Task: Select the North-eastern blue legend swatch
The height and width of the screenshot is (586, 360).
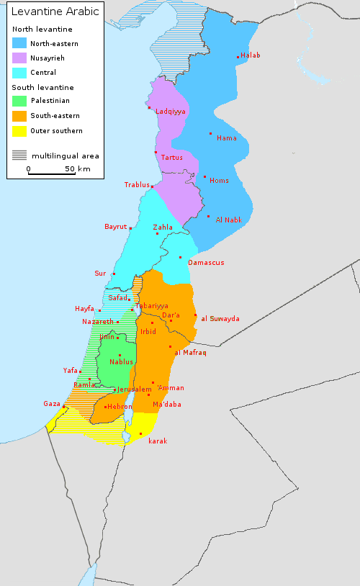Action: tap(19, 43)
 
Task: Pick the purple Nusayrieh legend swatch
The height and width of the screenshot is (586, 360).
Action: tap(19, 58)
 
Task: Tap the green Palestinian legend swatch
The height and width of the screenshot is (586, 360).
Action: tap(19, 102)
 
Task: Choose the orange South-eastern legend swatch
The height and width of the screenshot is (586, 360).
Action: tap(19, 116)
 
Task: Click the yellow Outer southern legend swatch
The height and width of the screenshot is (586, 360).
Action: tap(19, 131)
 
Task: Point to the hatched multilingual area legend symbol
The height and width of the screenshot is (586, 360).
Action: tap(19, 155)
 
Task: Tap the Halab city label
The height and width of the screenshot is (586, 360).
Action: tap(251, 55)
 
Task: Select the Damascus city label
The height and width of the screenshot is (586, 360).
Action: tap(206, 263)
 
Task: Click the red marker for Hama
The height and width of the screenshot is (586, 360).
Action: tap(211, 134)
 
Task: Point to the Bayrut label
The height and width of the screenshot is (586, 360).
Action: tap(115, 227)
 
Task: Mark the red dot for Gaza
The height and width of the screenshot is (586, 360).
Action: tap(64, 407)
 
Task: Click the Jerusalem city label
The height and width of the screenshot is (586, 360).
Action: tap(135, 389)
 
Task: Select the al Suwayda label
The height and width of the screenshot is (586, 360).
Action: tap(220, 318)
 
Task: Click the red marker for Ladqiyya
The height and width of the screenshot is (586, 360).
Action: tap(150, 108)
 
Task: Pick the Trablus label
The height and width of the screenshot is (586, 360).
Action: tap(137, 185)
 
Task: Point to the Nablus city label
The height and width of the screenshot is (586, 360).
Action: tap(121, 361)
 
